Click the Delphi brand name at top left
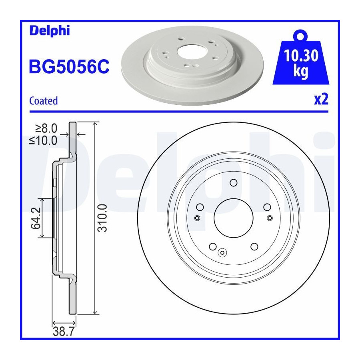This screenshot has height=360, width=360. [50, 31]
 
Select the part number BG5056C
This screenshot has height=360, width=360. [69, 66]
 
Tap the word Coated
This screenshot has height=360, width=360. [44, 101]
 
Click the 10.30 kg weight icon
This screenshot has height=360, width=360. [301, 57]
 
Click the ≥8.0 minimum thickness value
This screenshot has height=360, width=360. [46, 128]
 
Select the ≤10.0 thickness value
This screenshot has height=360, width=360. [43, 140]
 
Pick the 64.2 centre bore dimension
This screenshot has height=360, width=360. [36, 218]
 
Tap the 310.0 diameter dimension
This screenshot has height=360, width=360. [102, 218]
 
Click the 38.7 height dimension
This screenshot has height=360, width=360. [64, 332]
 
